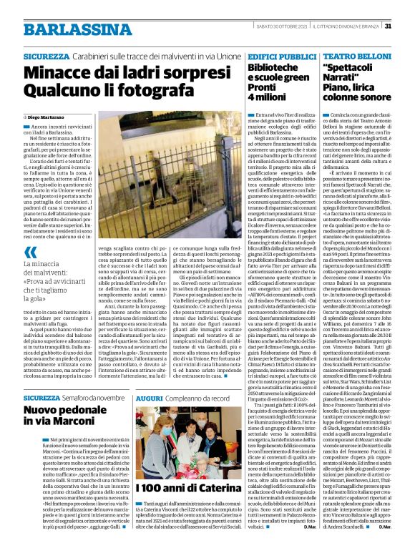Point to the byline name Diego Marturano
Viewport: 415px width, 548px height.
(x=47, y=115)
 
